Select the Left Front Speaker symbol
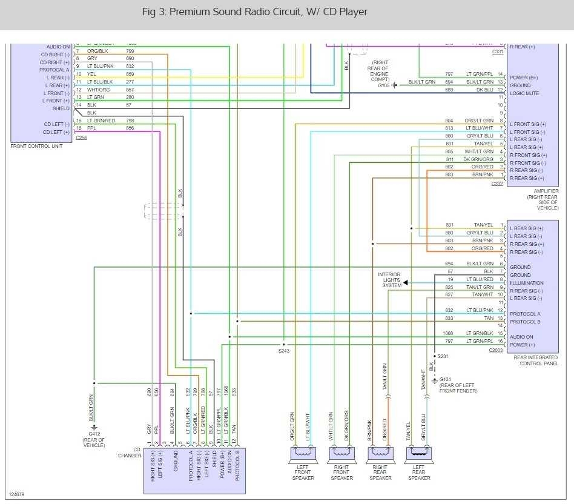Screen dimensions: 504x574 303,453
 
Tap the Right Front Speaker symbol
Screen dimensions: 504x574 341,453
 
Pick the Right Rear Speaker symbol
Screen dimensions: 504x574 380,453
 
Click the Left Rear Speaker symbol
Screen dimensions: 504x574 419,453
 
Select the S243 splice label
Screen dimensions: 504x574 284,351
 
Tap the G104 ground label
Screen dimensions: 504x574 445,380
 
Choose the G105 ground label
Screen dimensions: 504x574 384,85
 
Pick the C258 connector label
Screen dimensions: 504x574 82,138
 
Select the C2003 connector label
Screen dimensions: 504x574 496,351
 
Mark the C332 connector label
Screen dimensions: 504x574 497,184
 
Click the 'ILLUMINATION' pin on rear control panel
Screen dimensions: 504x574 527,283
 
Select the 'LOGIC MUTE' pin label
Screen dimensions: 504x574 524,93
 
